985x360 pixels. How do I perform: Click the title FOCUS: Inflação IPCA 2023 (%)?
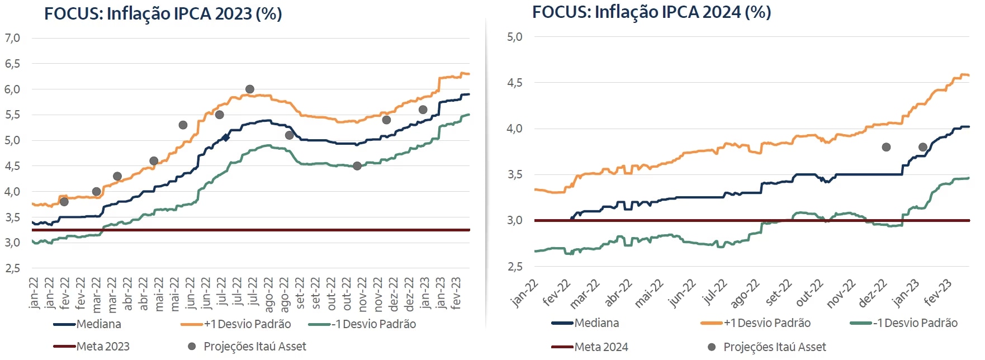163,13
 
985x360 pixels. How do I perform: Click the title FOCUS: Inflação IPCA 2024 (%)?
651,12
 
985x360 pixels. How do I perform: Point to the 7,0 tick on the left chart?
12,38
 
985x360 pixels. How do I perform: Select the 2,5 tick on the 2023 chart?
12,268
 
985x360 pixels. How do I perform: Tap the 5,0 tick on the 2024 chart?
514,37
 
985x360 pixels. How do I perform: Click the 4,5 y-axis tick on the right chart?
514,83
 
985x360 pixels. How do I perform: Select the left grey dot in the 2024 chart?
886,147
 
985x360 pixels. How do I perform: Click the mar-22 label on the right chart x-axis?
585,293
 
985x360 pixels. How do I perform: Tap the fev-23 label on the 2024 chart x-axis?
937,292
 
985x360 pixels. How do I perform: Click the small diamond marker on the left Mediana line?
226,137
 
